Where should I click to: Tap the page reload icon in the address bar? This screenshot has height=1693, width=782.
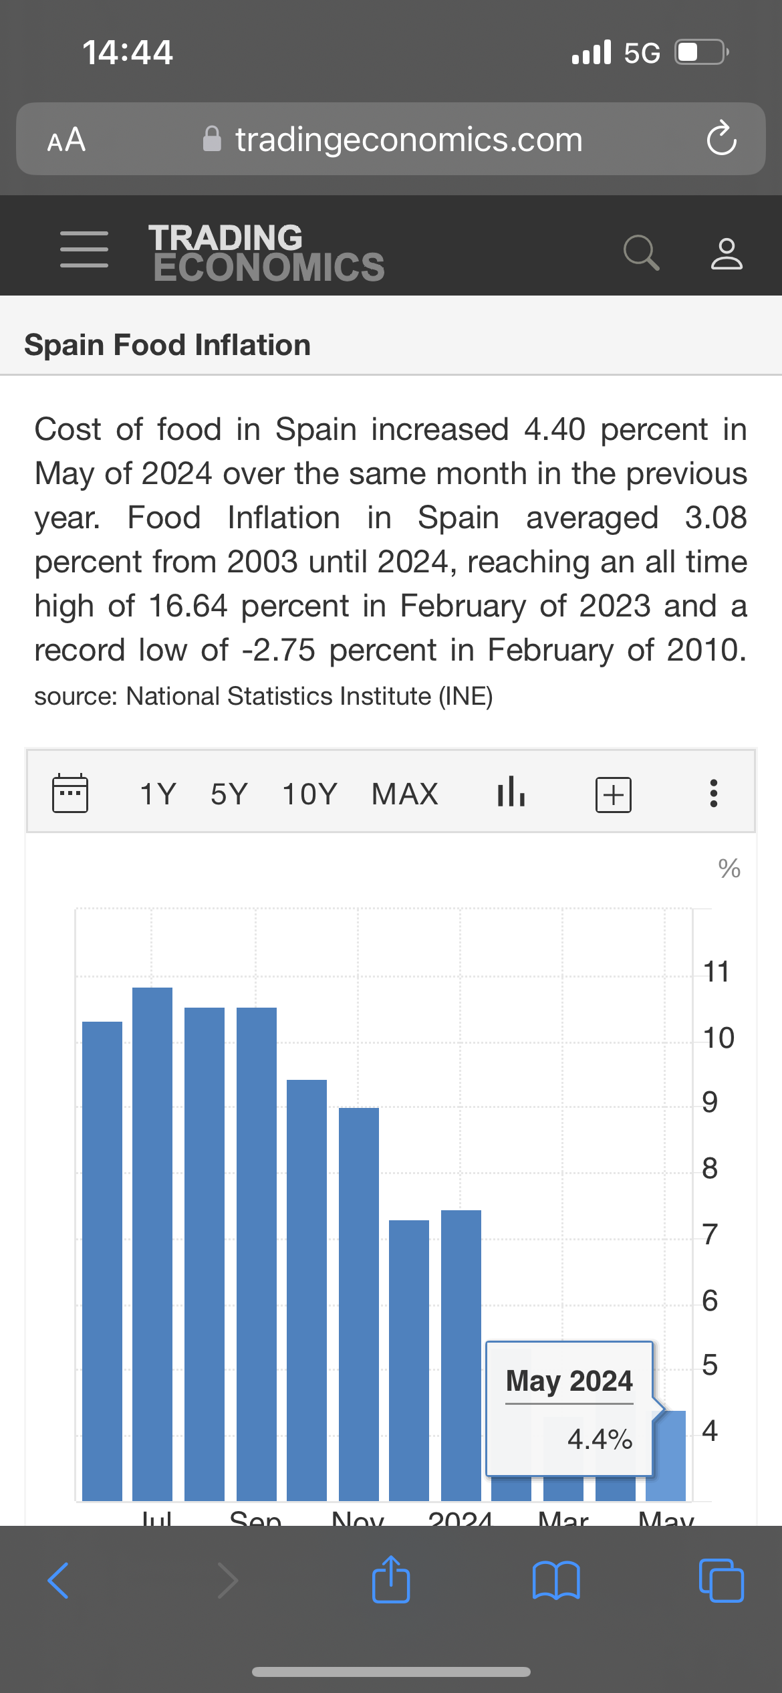pyautogui.click(x=721, y=138)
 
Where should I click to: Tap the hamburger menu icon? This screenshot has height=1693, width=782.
pyautogui.click(x=84, y=250)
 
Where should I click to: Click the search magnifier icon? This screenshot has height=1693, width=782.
pyautogui.click(x=641, y=253)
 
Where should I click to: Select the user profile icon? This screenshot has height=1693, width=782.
pyautogui.click(x=727, y=253)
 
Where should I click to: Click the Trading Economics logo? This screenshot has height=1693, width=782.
pyautogui.click(x=266, y=252)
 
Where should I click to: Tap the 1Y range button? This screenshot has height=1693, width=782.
pyautogui.click(x=158, y=794)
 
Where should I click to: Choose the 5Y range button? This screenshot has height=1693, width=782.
pyautogui.click(x=229, y=794)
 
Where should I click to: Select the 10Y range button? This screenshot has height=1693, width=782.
pyautogui.click(x=310, y=794)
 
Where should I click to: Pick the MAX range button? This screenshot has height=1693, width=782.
pyautogui.click(x=405, y=794)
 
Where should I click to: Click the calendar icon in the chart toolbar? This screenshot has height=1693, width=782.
pyautogui.click(x=70, y=794)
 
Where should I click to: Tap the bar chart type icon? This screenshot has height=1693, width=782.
pyautogui.click(x=511, y=792)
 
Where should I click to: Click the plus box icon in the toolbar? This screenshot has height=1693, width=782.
pyautogui.click(x=613, y=794)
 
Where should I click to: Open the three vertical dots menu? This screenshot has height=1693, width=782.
pyautogui.click(x=714, y=794)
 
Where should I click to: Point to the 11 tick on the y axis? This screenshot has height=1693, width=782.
pyautogui.click(x=716, y=972)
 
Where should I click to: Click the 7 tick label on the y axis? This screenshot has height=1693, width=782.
pyautogui.click(x=710, y=1234)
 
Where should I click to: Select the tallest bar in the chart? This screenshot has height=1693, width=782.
pyautogui.click(x=152, y=1244)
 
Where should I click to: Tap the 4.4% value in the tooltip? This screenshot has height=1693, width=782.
pyautogui.click(x=600, y=1439)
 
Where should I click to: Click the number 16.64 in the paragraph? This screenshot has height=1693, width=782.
pyautogui.click(x=188, y=606)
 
